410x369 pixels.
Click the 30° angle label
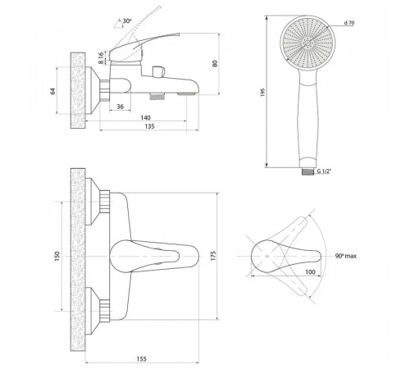coord(127,20)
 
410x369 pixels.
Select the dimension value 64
coord(52,91)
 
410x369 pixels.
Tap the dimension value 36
coord(120,107)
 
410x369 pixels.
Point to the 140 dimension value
coord(145,117)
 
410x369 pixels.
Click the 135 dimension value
coord(149,126)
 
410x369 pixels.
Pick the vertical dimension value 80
coord(215,63)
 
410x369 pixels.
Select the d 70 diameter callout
coord(349,23)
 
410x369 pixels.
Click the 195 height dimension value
coord(262,93)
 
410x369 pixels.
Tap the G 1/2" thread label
coord(324,171)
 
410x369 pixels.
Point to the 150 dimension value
coord(57,256)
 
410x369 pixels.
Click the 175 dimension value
coord(213,256)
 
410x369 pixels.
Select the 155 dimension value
coord(141,358)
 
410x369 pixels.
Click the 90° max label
coord(346,256)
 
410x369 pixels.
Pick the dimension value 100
coord(310,272)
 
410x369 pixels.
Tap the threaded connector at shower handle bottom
coord(307,171)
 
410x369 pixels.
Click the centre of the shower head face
coord(307,43)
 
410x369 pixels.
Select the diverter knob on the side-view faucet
coord(158,71)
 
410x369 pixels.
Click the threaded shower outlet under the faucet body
coord(157,97)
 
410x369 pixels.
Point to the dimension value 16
coord(101,56)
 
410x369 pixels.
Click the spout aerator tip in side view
coord(186,94)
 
